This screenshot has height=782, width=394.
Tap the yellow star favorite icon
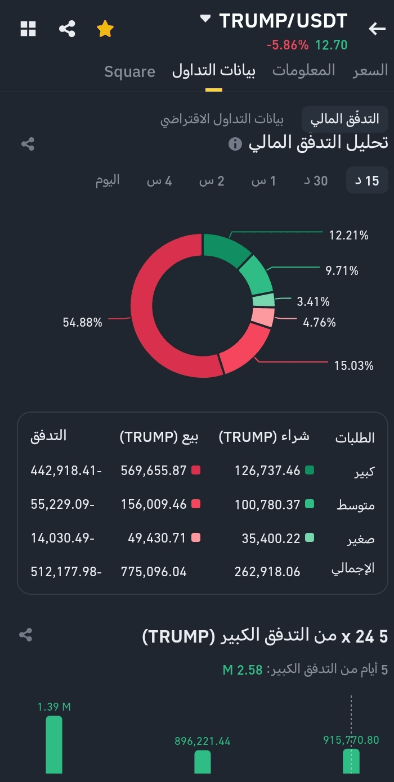(105, 29)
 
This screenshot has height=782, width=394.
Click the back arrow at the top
(377, 29)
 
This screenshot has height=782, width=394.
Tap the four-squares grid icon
(28, 29)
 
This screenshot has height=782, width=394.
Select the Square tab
(129, 71)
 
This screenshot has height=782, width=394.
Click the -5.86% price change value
(288, 45)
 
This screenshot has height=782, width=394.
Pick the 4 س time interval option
(159, 180)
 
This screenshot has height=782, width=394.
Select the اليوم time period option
(108, 180)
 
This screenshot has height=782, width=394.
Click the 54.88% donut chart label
(83, 322)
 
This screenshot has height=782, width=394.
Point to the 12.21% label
(349, 235)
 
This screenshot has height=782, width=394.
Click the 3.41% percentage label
(314, 302)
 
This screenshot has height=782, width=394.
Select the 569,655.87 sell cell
(154, 471)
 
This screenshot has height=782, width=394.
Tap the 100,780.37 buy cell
(267, 505)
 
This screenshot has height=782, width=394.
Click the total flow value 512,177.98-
(66, 572)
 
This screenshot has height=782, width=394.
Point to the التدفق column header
(48, 436)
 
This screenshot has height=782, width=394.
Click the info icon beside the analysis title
(235, 144)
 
